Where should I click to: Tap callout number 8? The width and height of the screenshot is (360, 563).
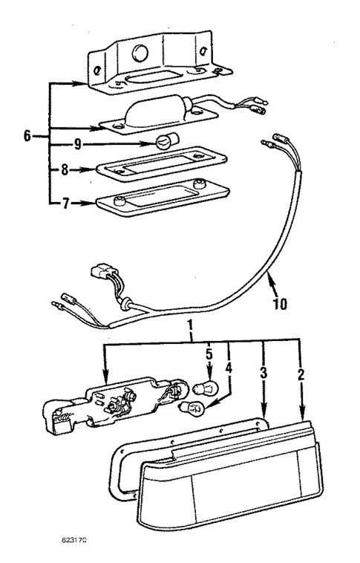coord(65,169)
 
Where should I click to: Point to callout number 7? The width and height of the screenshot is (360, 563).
coord(65,202)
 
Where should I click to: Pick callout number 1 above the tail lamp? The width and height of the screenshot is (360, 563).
coord(192,326)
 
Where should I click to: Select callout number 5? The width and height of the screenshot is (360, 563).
coord(210,354)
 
